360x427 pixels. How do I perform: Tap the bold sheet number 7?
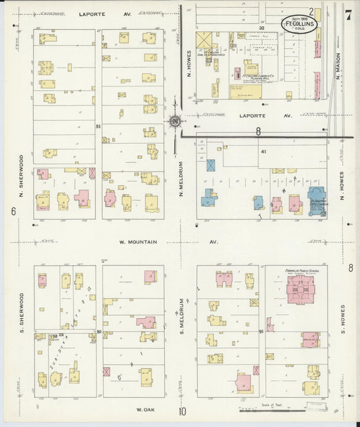tap(348, 14)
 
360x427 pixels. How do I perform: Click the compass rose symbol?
tap(175, 122)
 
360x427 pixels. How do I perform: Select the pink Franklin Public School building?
tap(300, 289)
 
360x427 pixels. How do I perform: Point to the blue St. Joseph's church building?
tap(317, 201)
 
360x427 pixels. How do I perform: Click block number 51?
tap(98, 126)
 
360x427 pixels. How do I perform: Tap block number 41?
tap(264, 151)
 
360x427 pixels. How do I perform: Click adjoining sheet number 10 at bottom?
tap(182, 411)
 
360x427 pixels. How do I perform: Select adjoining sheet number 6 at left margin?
tap(13, 211)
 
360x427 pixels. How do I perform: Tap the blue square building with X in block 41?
tap(211, 164)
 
